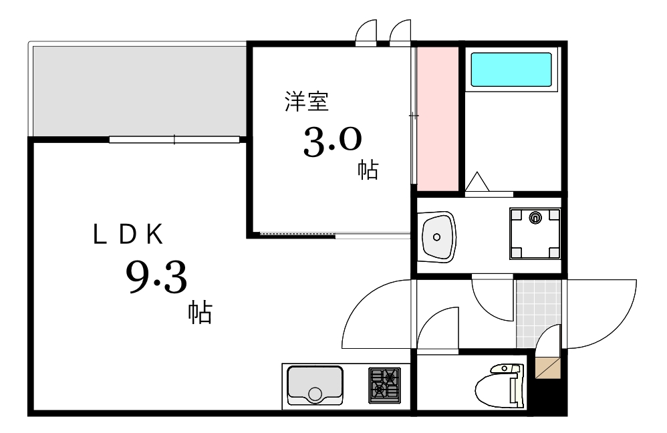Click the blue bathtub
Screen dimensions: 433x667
tap(511, 69)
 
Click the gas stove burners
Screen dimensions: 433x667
tap(384, 386)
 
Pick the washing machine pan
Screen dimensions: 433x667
tap(535, 233)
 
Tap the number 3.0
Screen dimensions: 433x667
tap(332, 142)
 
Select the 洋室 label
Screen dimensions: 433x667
tap(306, 103)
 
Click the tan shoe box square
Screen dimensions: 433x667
tap(547, 368)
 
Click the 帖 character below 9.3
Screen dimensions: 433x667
tap(199, 312)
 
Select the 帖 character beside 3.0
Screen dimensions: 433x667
tap(368, 170)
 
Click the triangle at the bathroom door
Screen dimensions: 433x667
tap(478, 182)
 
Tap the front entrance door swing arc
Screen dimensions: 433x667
tap(602, 314)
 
